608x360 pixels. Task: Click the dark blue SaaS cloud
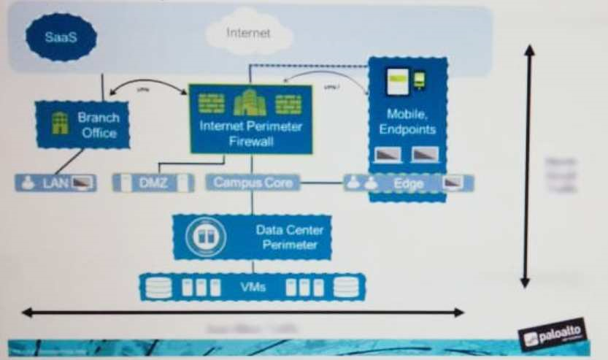[x=61, y=37]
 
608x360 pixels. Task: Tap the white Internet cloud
[x=249, y=33]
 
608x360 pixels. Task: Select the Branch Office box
[x=82, y=124]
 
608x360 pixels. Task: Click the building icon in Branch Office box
[x=59, y=123]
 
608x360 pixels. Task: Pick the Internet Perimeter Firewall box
[x=250, y=119]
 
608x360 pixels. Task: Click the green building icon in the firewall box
[x=250, y=104]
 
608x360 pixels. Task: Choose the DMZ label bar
[x=153, y=183]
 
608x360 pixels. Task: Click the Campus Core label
[x=253, y=183]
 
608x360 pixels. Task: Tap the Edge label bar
[x=409, y=183]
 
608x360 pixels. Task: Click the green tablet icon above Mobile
[x=397, y=79]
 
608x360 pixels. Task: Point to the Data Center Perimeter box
[x=252, y=237]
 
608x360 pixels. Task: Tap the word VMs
[x=252, y=287]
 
